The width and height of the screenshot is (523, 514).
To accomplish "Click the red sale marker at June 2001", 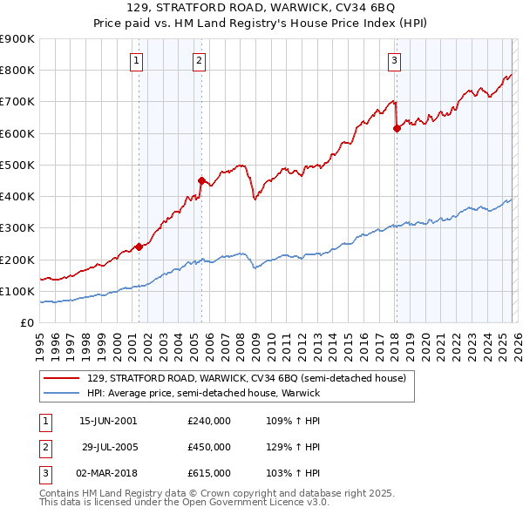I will (x=139, y=247).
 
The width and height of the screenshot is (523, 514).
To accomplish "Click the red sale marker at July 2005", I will (x=201, y=181).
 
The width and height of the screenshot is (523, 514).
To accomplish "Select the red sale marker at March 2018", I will (x=396, y=129).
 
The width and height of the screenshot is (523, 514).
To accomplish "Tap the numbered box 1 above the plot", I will (x=138, y=60).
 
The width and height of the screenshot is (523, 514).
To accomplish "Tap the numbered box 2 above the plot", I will (x=200, y=60).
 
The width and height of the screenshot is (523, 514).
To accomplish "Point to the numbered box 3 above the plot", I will (x=394, y=60).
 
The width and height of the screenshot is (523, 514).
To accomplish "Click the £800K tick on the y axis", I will (x=17, y=71).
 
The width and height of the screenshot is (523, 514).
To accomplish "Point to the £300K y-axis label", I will (x=17, y=228).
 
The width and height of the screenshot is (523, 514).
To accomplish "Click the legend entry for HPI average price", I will (x=203, y=393).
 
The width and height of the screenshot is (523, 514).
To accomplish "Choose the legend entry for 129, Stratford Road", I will (x=246, y=378).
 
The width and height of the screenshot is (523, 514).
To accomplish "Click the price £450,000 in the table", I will (x=209, y=447).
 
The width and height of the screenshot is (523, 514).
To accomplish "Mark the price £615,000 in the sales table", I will (x=209, y=473).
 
